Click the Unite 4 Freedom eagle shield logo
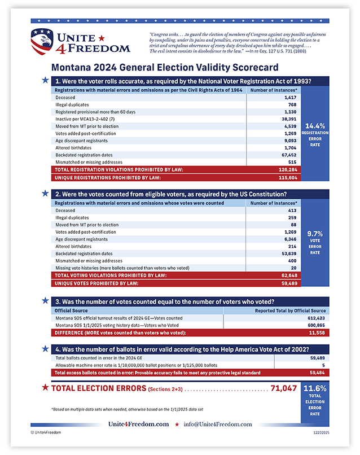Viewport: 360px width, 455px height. point(43,41)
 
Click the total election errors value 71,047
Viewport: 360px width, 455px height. point(284,388)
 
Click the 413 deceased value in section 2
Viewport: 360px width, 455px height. point(290,210)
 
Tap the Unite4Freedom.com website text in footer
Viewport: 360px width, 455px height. point(139,424)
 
